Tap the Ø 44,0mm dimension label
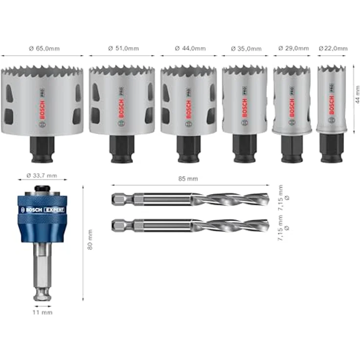190,48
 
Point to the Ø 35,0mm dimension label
245,48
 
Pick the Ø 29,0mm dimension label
293,48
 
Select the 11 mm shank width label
43,312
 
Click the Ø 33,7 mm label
43,175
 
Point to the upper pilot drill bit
191,199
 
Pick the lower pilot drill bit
191,225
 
